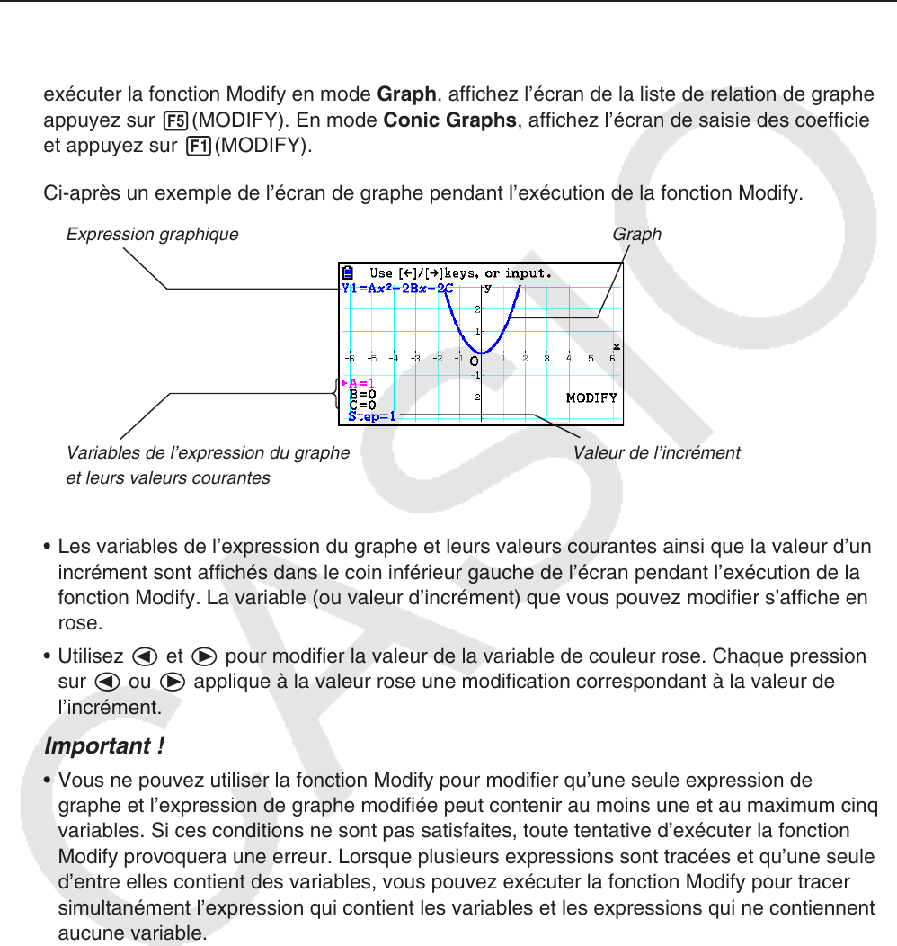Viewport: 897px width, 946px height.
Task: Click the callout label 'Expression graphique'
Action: tap(153, 235)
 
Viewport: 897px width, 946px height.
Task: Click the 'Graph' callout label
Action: tap(636, 235)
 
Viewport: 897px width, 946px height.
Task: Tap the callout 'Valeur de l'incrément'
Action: tap(656, 453)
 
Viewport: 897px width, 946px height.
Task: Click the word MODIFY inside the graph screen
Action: tap(591, 397)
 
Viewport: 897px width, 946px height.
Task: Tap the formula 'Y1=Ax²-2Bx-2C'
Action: tap(396, 289)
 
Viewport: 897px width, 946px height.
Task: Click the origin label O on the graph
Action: tap(474, 361)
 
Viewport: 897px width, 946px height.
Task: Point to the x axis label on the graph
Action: tap(617, 345)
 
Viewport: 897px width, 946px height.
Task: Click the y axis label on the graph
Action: tap(488, 289)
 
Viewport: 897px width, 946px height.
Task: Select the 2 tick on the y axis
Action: tap(476, 309)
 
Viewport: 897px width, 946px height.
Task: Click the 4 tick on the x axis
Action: tap(568, 358)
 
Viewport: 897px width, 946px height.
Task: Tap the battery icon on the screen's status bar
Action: tap(347, 272)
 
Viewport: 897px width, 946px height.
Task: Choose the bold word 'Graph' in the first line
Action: tap(406, 94)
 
